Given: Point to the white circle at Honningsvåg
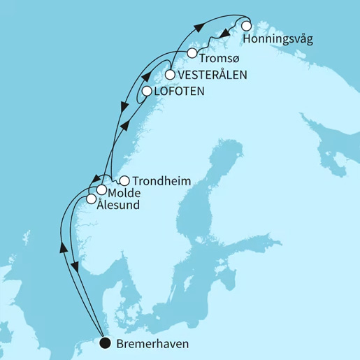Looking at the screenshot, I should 246,26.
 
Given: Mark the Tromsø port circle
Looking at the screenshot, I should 192,54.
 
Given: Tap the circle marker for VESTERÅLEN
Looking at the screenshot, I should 170,74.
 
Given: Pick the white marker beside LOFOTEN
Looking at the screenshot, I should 147,91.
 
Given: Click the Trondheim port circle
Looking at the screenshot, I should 124,180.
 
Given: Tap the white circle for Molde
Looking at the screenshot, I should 101,190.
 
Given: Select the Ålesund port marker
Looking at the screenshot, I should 91,200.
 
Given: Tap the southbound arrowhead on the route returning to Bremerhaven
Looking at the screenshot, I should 76,266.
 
